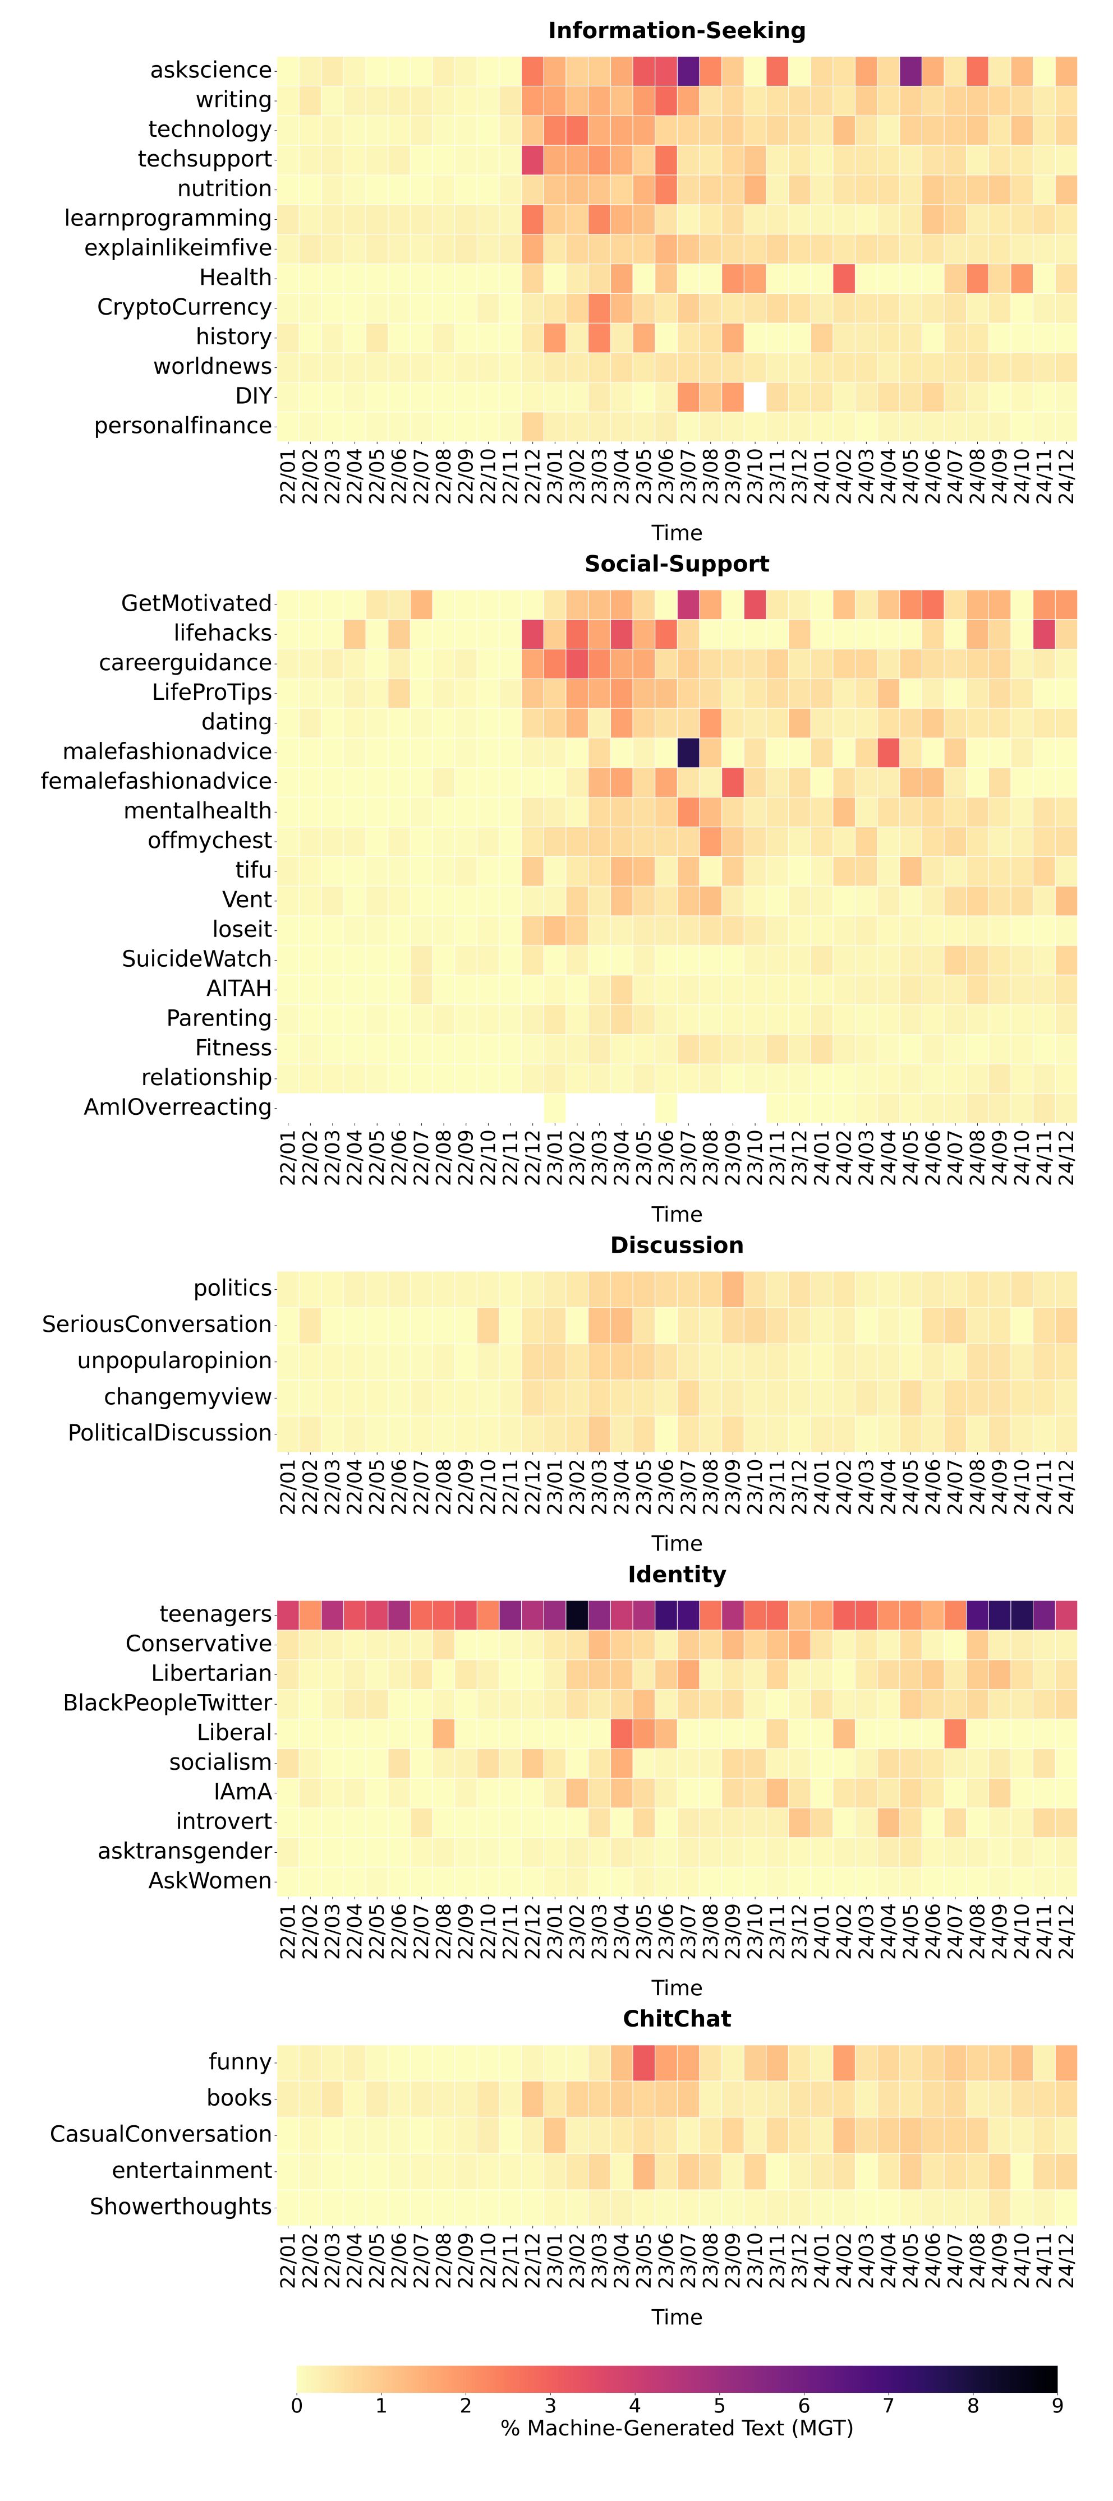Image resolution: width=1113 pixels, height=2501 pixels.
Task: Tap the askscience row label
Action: pos(211,71)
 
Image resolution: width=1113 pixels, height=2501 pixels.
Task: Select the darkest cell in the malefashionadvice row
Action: pos(688,751)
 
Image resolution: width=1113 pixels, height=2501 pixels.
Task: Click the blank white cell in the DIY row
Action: pos(755,396)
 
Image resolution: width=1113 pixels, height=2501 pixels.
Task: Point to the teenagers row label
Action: pos(215,1614)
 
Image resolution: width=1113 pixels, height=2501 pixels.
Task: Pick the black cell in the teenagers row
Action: pos(577,1614)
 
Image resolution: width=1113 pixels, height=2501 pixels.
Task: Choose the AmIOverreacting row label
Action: pos(178,1108)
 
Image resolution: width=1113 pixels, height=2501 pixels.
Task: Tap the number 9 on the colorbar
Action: pos(1057,2406)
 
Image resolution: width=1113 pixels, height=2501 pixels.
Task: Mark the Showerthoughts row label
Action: pos(181,2207)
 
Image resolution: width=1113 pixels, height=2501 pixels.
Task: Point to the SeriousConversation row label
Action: pos(157,1325)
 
